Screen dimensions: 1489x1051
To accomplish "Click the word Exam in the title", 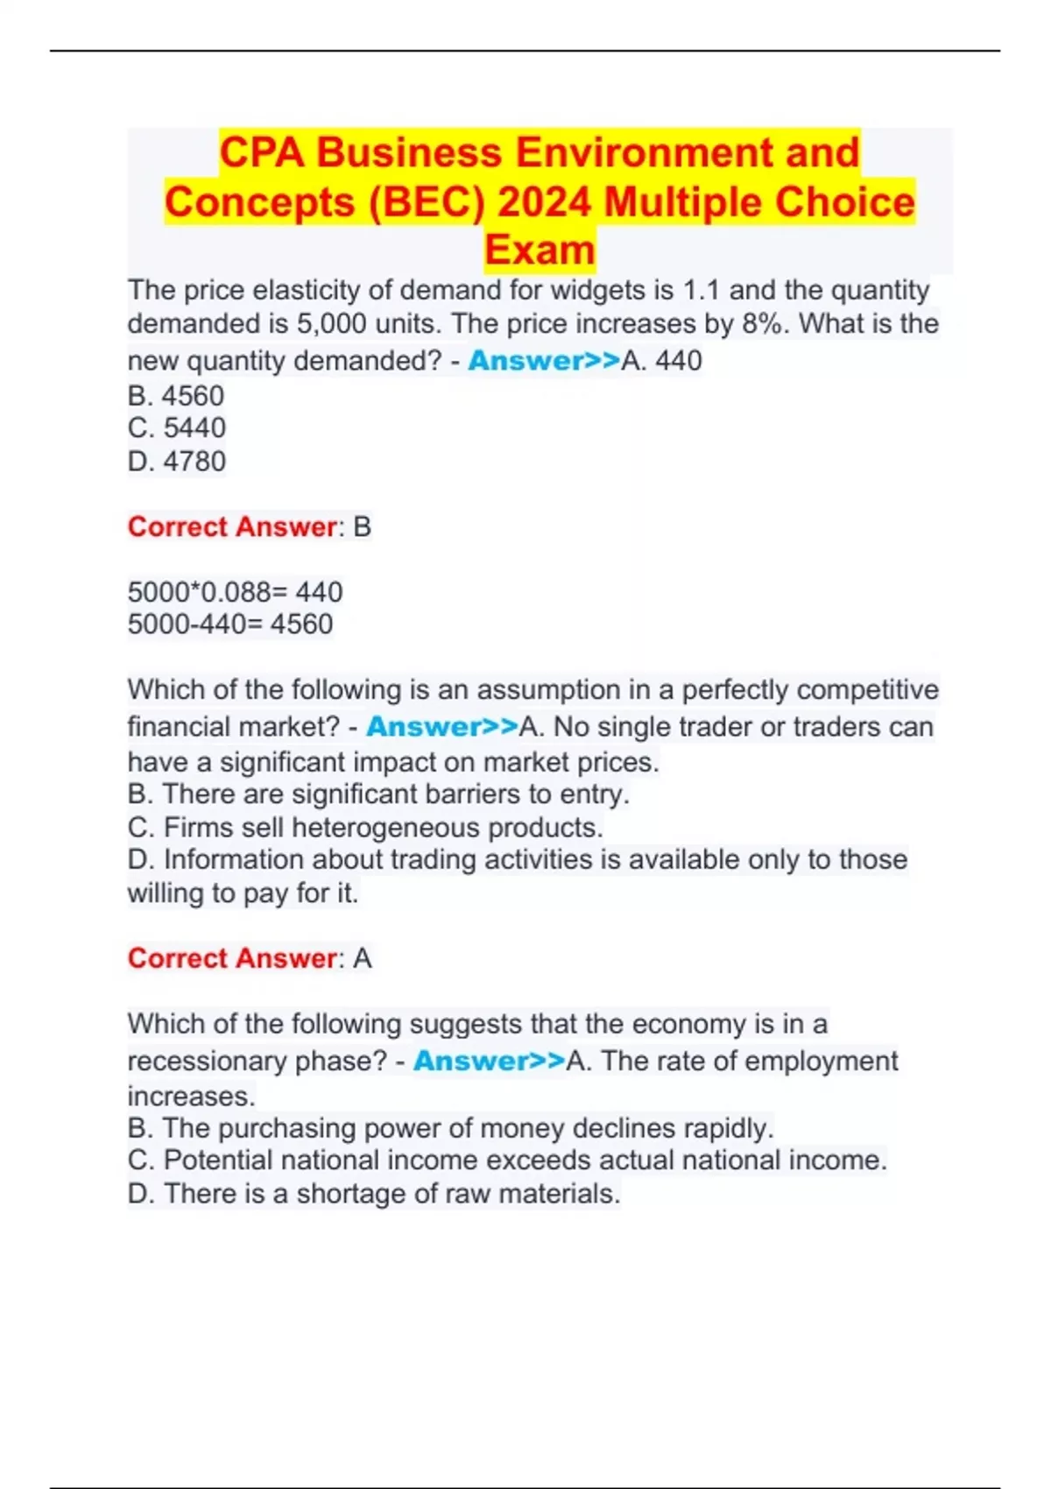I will pyautogui.click(x=540, y=250).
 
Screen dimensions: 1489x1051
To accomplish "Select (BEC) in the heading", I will pyautogui.click(x=426, y=202).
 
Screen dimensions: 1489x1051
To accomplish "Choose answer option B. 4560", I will pyautogui.click(x=176, y=396).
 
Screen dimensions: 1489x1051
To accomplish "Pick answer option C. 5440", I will pyautogui.click(x=177, y=428).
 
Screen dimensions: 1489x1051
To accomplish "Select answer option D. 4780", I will pyautogui.click(x=177, y=462).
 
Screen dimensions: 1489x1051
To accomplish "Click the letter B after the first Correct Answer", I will pyautogui.click(x=362, y=527).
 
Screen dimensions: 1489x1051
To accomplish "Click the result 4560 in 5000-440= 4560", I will pyautogui.click(x=301, y=625).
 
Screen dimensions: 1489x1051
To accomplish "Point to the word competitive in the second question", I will pyautogui.click(x=867, y=690).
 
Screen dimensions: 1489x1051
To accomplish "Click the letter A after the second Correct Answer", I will pyautogui.click(x=363, y=958).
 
